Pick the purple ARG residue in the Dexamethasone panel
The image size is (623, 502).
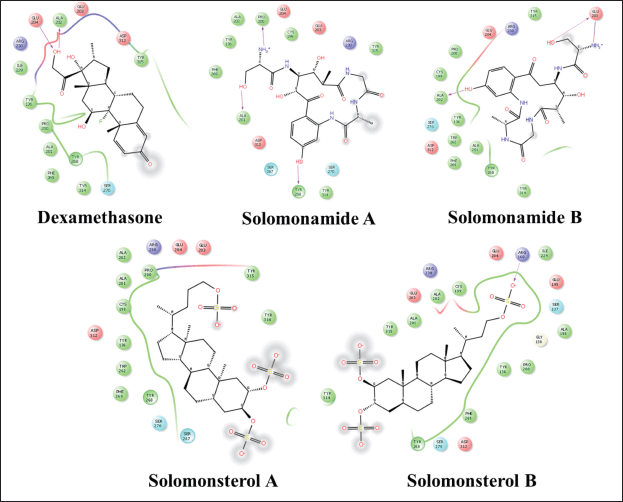[x=20, y=43]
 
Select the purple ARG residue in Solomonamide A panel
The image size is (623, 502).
[x=349, y=41]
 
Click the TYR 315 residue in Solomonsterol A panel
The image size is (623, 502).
[x=251, y=271]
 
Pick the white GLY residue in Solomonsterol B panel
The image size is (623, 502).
[x=538, y=340]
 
